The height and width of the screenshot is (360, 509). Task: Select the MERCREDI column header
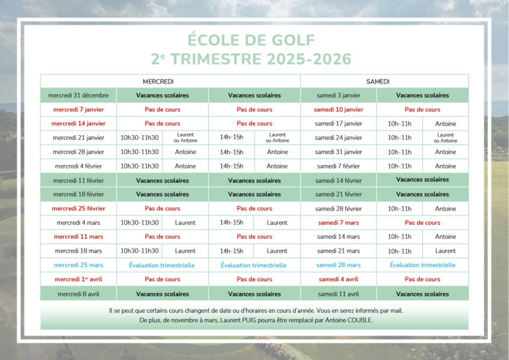pyautogui.click(x=158, y=81)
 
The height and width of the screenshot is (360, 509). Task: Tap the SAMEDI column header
pyautogui.click(x=378, y=81)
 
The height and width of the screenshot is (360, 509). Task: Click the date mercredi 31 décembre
pyautogui.click(x=78, y=95)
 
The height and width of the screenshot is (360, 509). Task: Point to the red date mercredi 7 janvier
pyautogui.click(x=78, y=109)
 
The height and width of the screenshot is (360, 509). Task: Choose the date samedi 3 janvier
pyautogui.click(x=338, y=95)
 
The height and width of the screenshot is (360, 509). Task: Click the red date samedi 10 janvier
pyautogui.click(x=338, y=109)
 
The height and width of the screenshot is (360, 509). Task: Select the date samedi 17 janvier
pyautogui.click(x=338, y=123)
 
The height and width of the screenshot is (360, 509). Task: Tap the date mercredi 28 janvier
pyautogui.click(x=78, y=152)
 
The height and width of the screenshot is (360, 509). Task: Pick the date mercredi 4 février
pyautogui.click(x=78, y=166)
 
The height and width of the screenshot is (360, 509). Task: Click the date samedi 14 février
pyautogui.click(x=338, y=180)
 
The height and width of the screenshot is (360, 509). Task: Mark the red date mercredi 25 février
pyautogui.click(x=78, y=208)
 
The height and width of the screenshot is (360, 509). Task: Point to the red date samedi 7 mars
pyautogui.click(x=338, y=223)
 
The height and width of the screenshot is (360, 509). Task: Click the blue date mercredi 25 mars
pyautogui.click(x=78, y=265)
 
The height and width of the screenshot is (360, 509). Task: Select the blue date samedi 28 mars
pyautogui.click(x=338, y=265)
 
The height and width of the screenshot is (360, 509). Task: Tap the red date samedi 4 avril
pyautogui.click(x=338, y=279)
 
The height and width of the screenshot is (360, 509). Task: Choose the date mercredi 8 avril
pyautogui.click(x=78, y=294)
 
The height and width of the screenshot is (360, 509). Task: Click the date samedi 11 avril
pyautogui.click(x=338, y=294)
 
